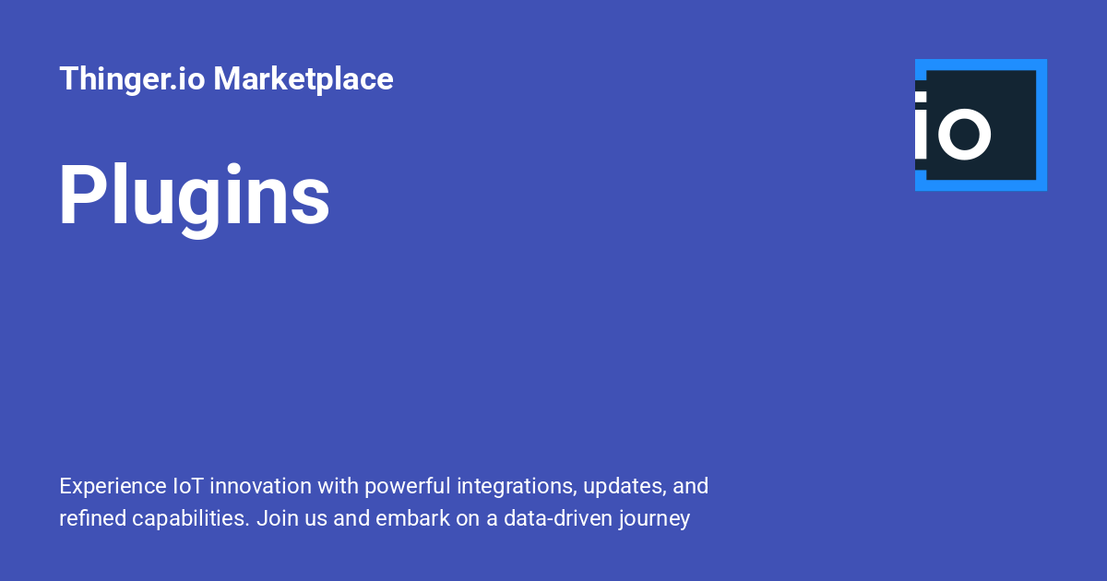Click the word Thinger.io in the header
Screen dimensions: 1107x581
coord(132,79)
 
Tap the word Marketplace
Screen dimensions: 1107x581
coord(304,79)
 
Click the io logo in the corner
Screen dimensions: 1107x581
coord(981,125)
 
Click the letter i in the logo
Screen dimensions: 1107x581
coord(921,125)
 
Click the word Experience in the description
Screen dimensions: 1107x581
coord(113,486)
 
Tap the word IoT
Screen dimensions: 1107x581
coord(188,486)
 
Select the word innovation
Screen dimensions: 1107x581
coord(260,486)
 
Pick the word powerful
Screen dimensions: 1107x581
coord(408,487)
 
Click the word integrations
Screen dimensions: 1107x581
coord(517,487)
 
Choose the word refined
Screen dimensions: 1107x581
coord(93,518)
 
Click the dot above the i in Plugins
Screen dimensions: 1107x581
coord(233,169)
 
